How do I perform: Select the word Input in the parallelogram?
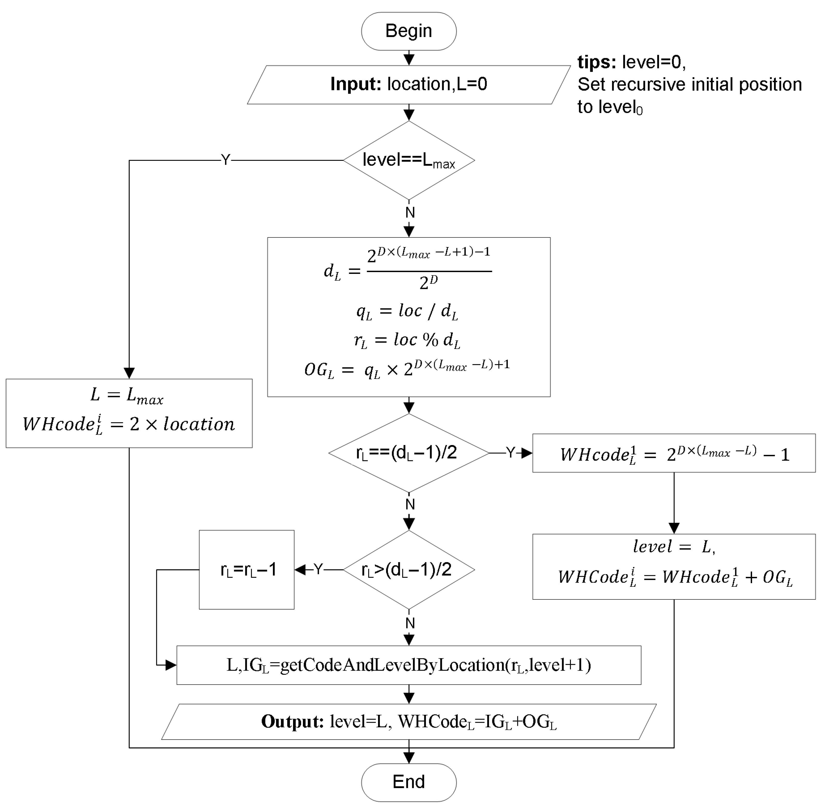[356, 84]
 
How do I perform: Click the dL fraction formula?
[408, 269]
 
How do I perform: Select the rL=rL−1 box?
[247, 569]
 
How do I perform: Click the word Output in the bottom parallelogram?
[293, 722]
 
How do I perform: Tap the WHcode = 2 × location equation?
[129, 424]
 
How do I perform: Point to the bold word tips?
[596, 62]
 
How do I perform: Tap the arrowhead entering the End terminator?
[409, 758]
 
